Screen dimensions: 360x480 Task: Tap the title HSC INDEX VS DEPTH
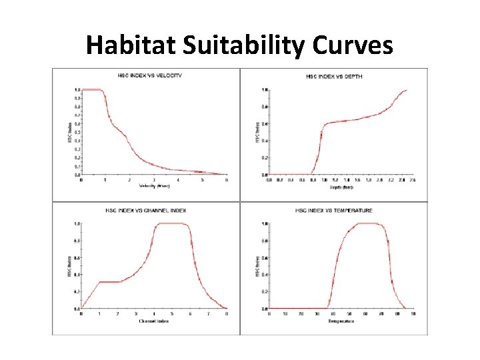point(334,77)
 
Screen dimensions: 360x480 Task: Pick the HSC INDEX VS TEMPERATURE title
point(334,211)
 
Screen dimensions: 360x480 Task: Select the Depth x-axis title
point(341,186)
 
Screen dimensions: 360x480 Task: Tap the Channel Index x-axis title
point(154,321)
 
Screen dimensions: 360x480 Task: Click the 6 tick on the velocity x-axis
point(227,180)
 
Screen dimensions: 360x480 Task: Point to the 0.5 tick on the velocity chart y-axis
point(77,132)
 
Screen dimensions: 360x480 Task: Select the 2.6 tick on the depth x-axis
point(413,180)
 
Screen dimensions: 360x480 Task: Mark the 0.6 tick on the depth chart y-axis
point(265,124)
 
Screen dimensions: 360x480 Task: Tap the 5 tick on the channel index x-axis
point(172,314)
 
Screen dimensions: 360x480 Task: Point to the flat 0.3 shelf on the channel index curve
point(109,282)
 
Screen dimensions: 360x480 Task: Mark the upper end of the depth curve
point(406,91)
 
